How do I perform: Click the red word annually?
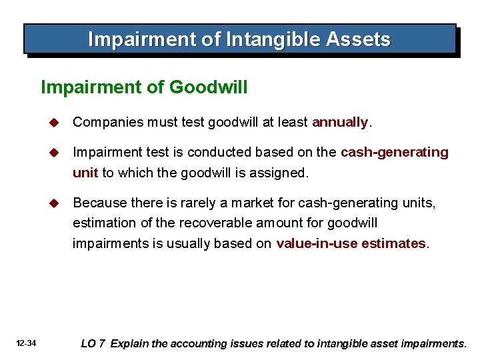pyautogui.click(x=339, y=122)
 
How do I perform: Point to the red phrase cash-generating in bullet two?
pyautogui.click(x=395, y=152)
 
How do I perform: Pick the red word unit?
pyautogui.click(x=85, y=173)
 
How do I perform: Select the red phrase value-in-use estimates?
pyautogui.click(x=351, y=243)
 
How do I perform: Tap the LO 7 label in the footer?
pyautogui.click(x=93, y=344)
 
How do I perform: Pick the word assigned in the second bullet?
pyautogui.click(x=282, y=173)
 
